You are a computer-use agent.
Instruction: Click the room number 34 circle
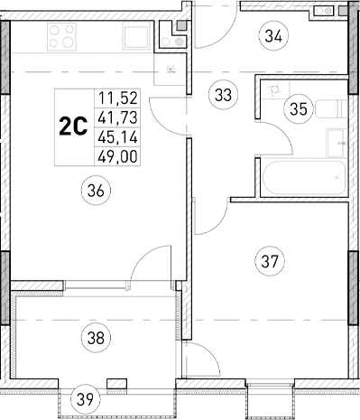[274, 37]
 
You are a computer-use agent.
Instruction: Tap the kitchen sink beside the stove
[138, 38]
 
